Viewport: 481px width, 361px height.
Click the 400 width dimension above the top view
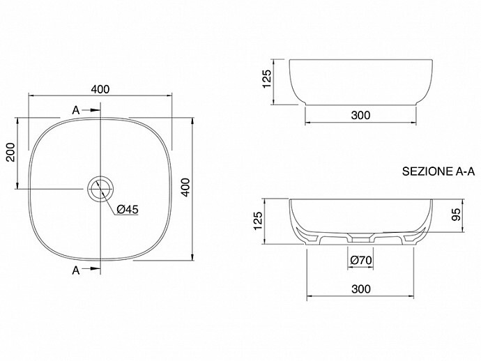[x=100, y=89]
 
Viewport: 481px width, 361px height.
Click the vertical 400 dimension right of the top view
[x=185, y=187]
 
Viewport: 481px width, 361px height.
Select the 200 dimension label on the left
[x=10, y=152]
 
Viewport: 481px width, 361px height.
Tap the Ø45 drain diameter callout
[x=128, y=210]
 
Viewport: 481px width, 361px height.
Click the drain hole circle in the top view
[x=100, y=190]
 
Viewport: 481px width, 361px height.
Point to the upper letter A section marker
[x=76, y=110]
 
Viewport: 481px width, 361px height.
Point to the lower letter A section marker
[x=76, y=270]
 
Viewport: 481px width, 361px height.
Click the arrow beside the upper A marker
[x=91, y=110]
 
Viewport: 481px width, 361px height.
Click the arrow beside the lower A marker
[x=91, y=269]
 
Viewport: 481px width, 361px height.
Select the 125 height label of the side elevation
[x=267, y=79]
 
